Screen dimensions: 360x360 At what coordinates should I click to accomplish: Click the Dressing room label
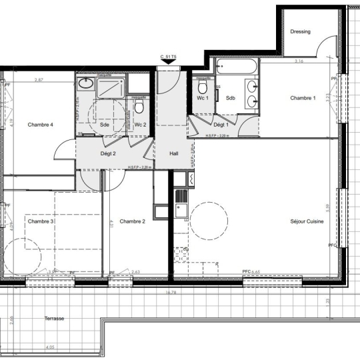coord(301,31)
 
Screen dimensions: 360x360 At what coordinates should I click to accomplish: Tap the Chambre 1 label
coord(303,98)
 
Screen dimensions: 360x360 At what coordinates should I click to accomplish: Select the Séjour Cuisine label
coord(307,221)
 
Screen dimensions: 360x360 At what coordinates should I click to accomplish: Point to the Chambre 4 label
coord(40,125)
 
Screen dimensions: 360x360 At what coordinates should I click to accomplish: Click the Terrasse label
coord(55,319)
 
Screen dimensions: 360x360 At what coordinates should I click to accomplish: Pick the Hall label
coord(174,153)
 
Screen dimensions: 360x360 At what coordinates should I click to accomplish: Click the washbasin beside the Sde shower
coord(85,83)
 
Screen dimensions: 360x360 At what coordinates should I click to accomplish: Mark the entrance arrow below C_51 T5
coord(167,63)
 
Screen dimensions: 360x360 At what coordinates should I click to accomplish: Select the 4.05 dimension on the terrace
coord(50,347)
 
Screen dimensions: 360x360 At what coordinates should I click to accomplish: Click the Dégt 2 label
coord(108,153)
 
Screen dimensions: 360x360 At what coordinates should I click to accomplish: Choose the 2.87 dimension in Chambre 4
coord(39,80)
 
